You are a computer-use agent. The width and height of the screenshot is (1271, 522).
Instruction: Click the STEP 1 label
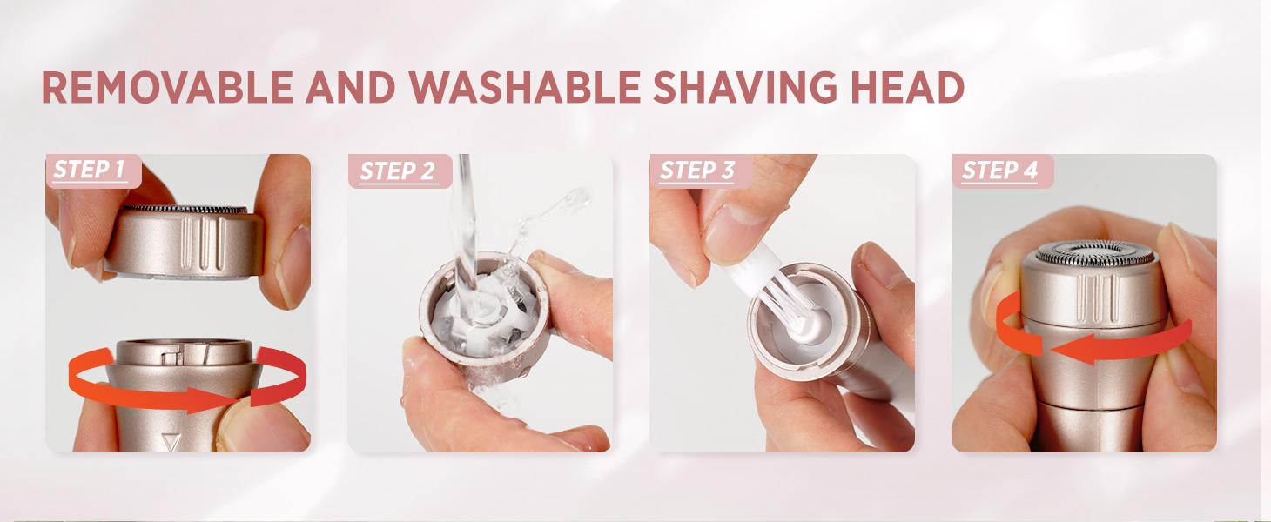click(89, 170)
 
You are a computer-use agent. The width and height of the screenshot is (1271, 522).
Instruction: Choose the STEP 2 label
click(396, 171)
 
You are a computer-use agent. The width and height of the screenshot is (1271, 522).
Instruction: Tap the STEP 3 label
click(697, 171)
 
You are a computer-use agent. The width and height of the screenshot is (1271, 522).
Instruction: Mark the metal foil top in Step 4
click(1094, 254)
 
